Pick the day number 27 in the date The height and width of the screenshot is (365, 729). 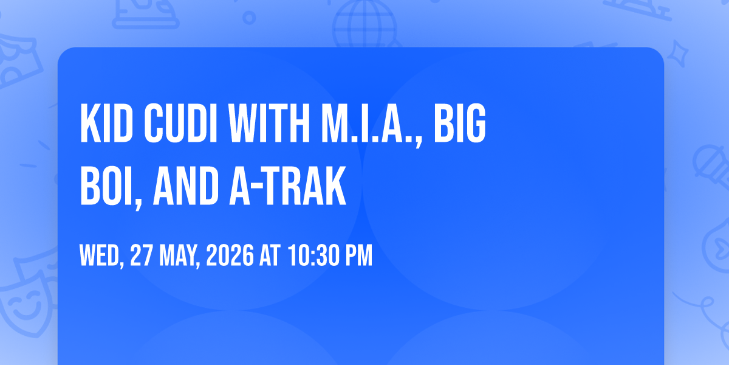pos(141,256)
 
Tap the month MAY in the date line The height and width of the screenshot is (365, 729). pos(177,256)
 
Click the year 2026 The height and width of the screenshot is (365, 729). pos(229,256)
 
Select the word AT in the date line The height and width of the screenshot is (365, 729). pos(269,256)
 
